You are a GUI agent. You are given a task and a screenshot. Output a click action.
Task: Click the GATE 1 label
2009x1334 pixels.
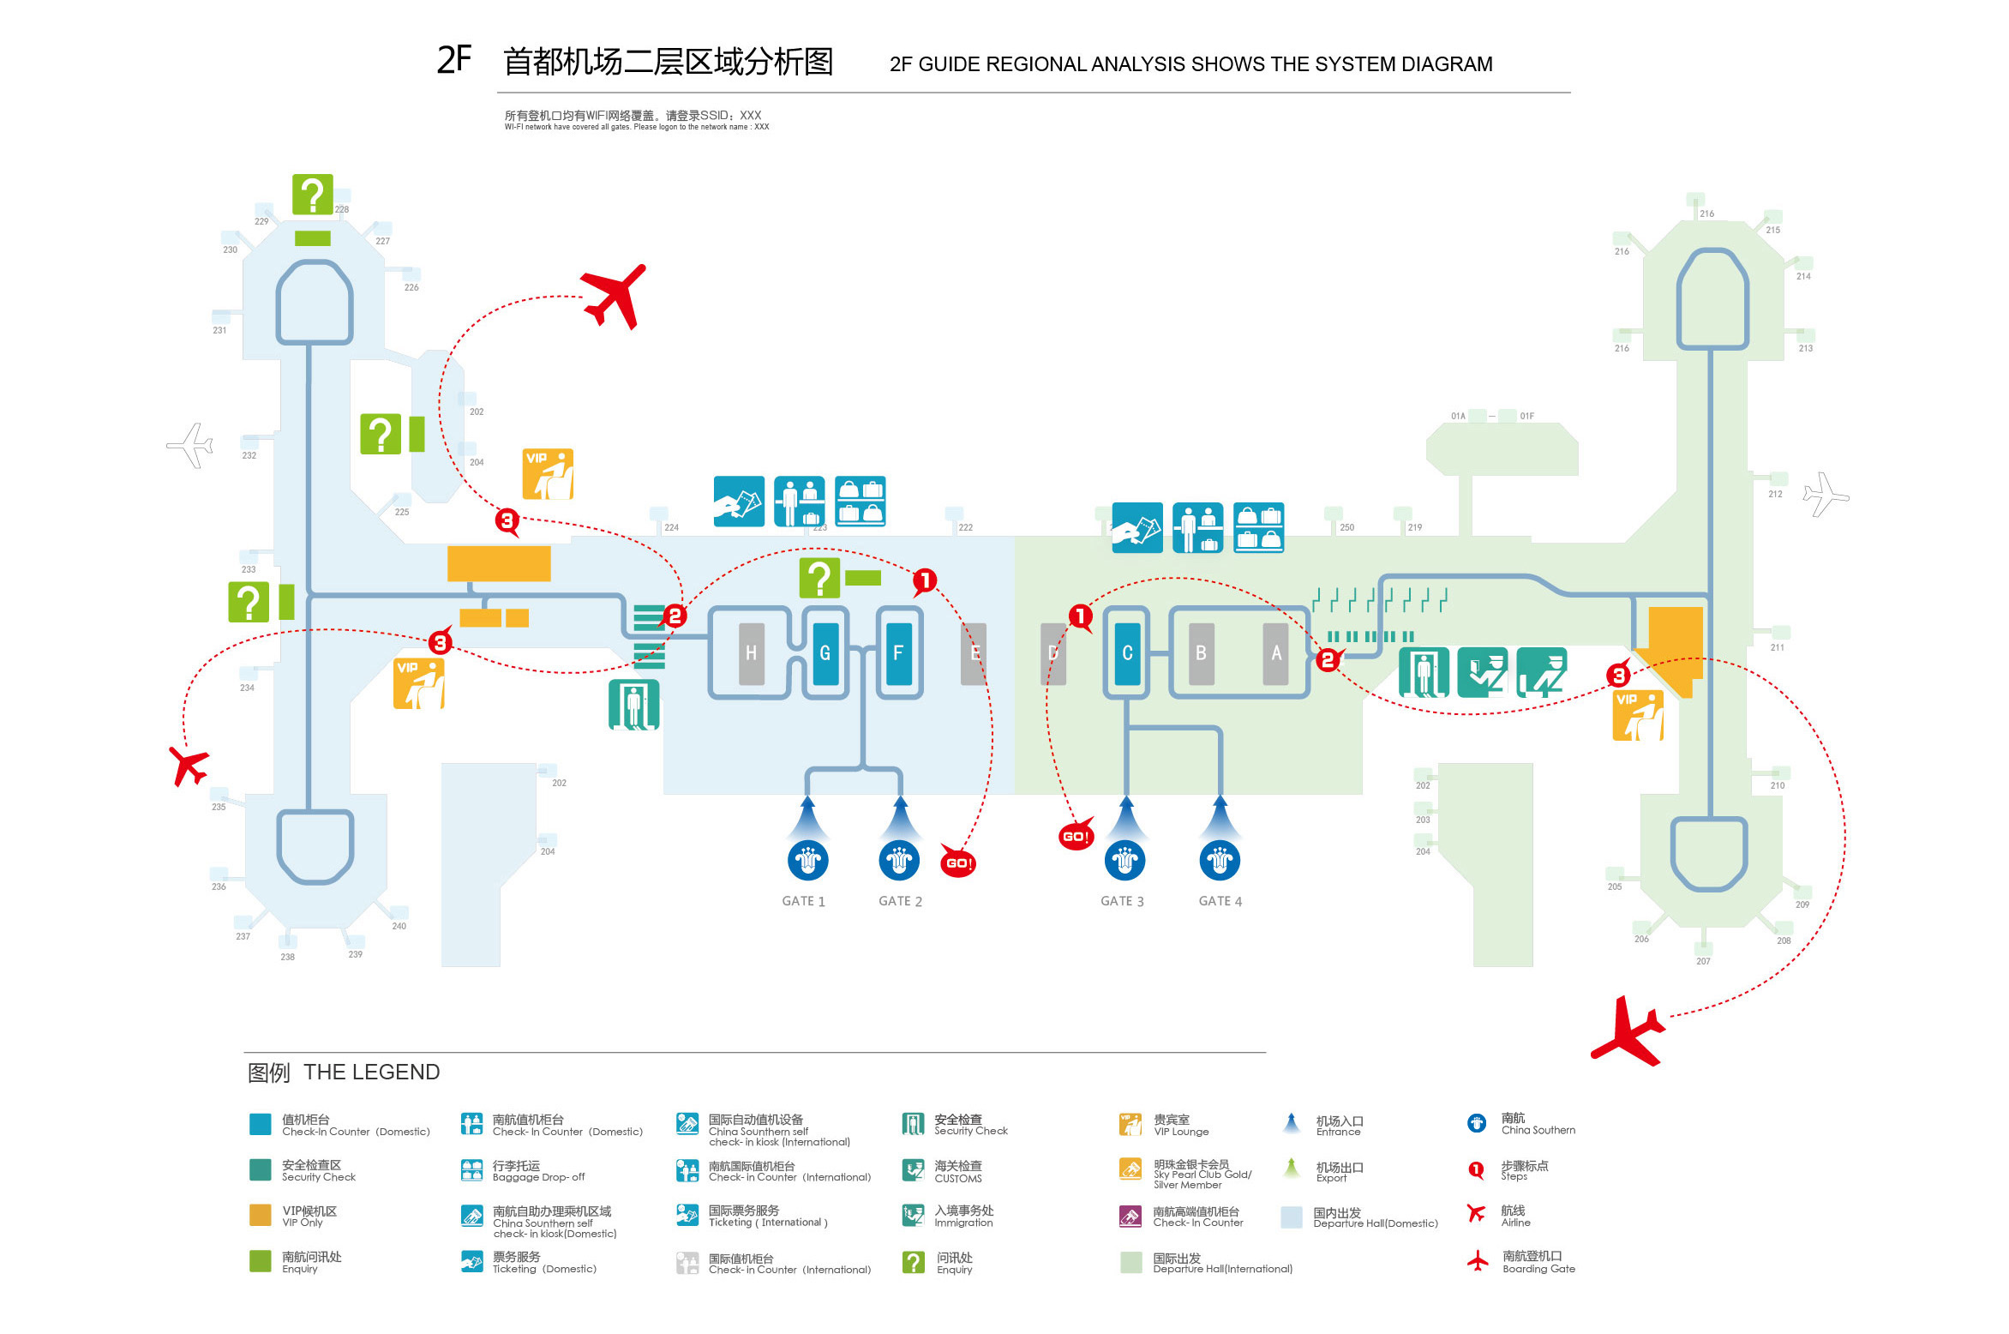pyautogui.click(x=803, y=901)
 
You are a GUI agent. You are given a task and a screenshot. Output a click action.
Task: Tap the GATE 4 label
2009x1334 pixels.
pyautogui.click(x=1220, y=901)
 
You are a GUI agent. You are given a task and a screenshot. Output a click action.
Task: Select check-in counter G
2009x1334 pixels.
pyautogui.click(x=825, y=653)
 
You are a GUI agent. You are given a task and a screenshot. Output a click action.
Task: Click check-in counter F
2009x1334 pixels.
pyautogui.click(x=898, y=653)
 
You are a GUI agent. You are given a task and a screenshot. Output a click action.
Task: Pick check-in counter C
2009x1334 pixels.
pyautogui.click(x=1127, y=653)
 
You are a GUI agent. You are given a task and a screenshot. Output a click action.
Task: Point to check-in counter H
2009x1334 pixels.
pyautogui.click(x=751, y=653)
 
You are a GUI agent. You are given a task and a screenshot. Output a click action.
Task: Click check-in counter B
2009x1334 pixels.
pyautogui.click(x=1201, y=653)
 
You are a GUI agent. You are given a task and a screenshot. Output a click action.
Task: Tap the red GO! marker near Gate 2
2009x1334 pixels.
pyautogui.click(x=958, y=862)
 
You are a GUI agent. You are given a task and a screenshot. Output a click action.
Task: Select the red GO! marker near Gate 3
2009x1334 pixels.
pyautogui.click(x=1076, y=836)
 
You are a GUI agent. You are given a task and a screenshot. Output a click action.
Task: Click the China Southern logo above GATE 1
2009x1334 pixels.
pyautogui.click(x=807, y=860)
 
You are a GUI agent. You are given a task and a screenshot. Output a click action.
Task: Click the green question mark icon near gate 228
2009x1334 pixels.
pyautogui.click(x=312, y=195)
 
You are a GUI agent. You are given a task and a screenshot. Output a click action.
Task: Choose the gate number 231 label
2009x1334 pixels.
pyautogui.click(x=219, y=330)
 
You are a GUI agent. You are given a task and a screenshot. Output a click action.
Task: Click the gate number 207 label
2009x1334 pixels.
pyautogui.click(x=1703, y=961)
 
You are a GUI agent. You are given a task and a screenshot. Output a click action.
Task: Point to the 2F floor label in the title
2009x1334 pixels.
pyautogui.click(x=454, y=60)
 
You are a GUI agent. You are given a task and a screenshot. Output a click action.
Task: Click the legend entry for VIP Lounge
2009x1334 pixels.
pyautogui.click(x=1180, y=1125)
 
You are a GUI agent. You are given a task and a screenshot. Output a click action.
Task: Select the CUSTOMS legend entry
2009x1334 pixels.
pyautogui.click(x=957, y=1172)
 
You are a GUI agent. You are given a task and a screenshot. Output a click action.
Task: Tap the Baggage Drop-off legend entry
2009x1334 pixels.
pyautogui.click(x=538, y=1171)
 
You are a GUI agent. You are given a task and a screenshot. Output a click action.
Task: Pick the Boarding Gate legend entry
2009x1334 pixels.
pyautogui.click(x=1538, y=1262)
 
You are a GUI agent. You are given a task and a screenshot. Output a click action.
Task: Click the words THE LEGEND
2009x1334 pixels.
pyautogui.click(x=371, y=1073)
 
